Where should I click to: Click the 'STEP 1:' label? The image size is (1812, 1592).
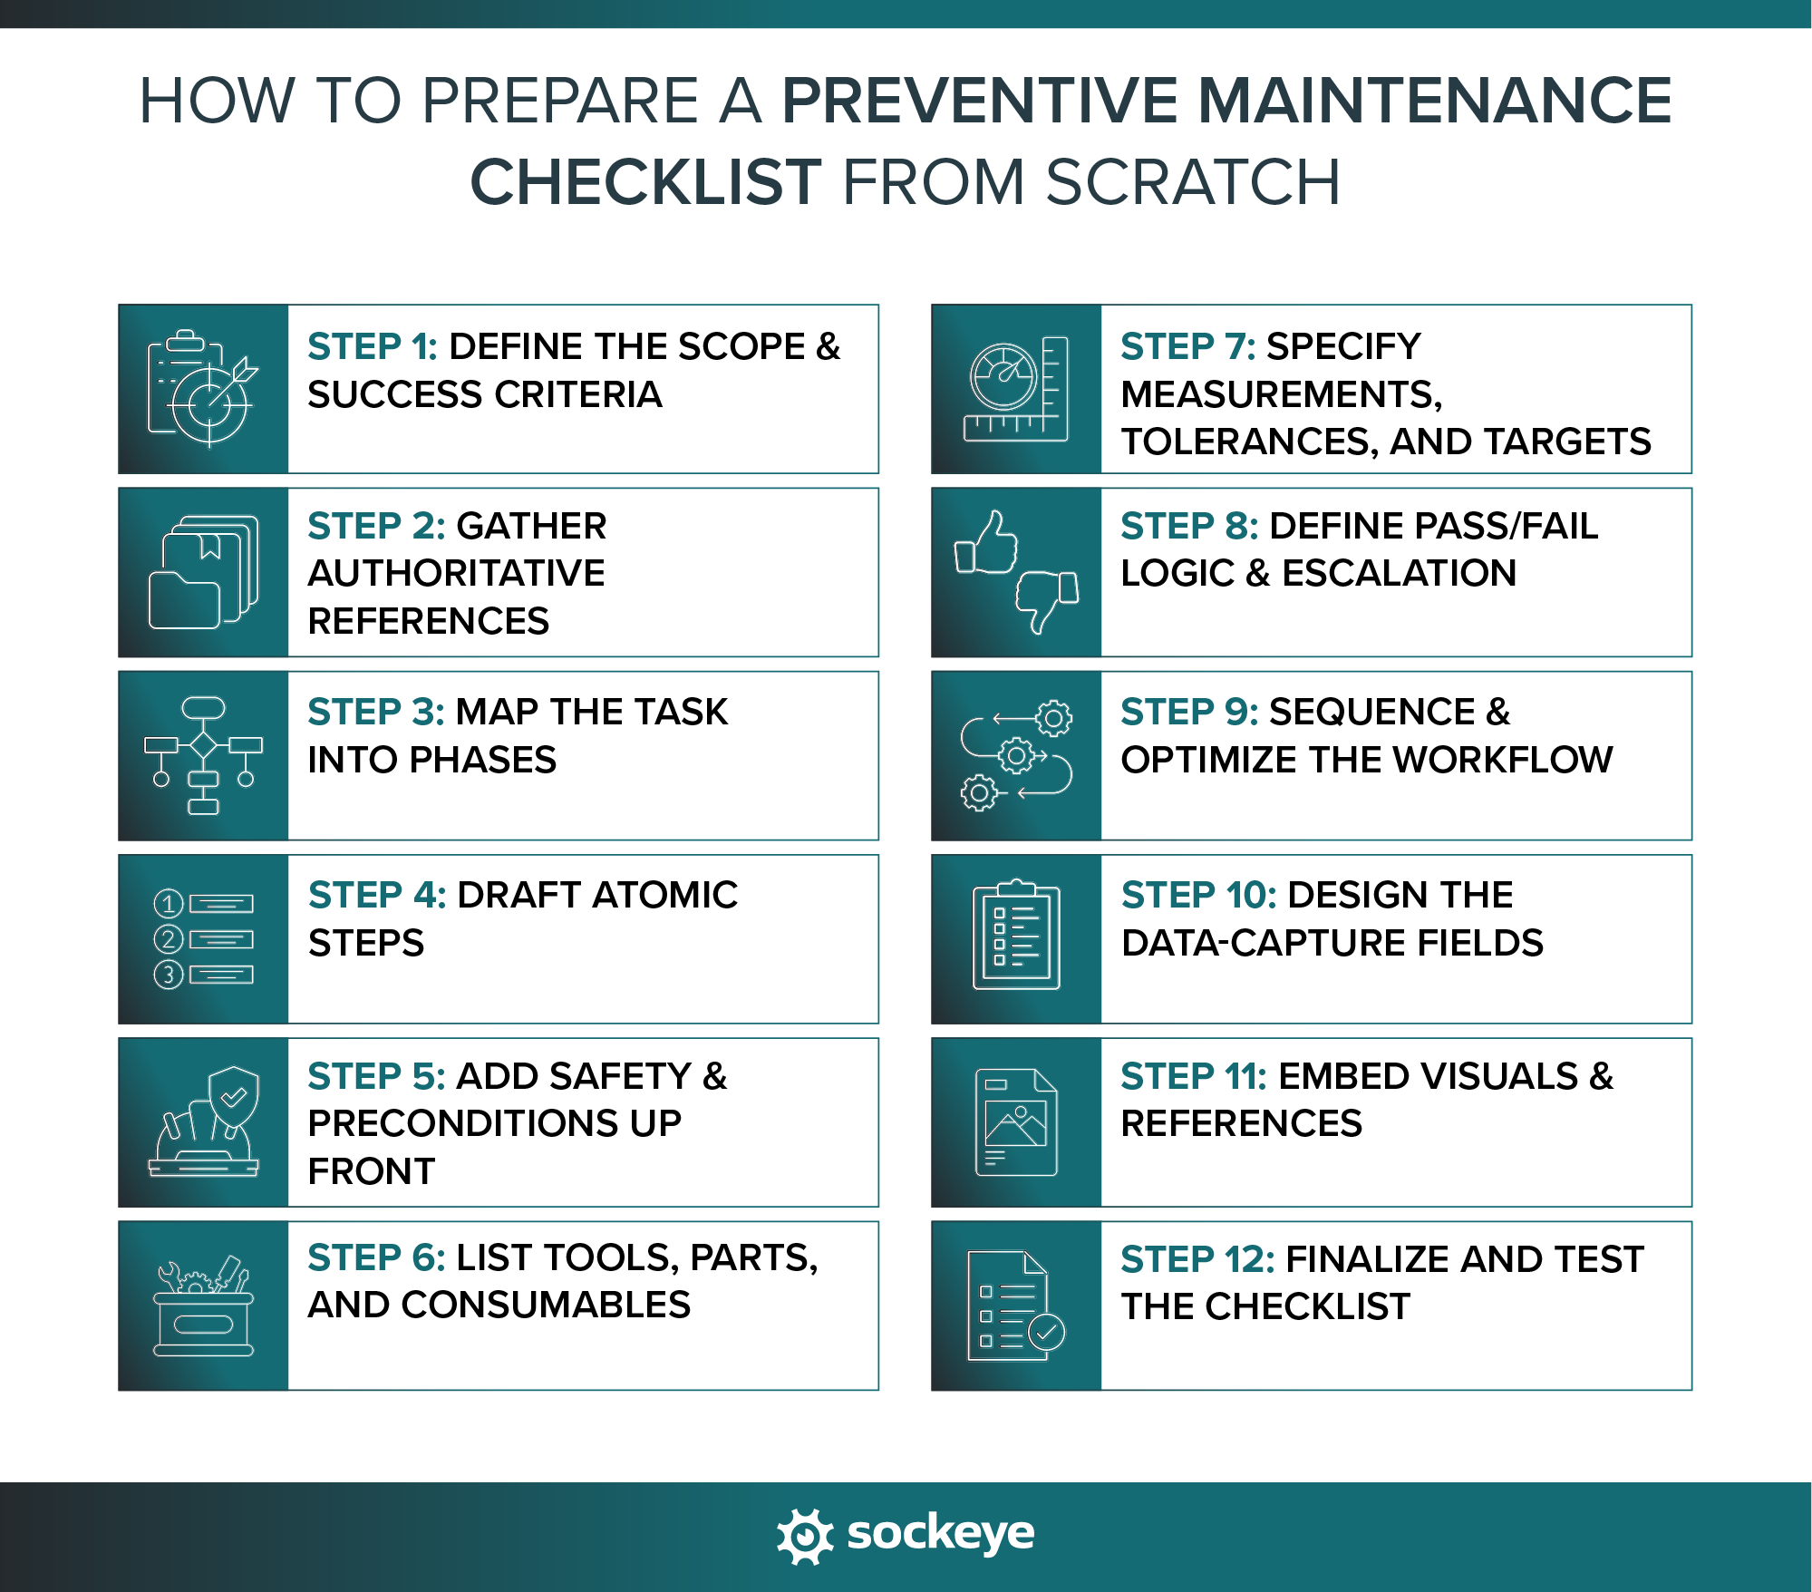click(x=373, y=347)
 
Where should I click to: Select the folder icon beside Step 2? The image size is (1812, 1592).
click(x=203, y=572)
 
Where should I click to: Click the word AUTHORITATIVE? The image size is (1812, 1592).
click(x=456, y=574)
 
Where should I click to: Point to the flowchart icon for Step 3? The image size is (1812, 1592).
click(x=203, y=755)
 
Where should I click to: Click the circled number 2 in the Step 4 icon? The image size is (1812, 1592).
click(x=169, y=939)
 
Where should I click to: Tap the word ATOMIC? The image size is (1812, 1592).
click(x=664, y=896)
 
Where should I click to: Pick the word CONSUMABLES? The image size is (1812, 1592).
click(x=546, y=1306)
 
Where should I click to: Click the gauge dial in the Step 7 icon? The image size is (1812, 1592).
click(x=1003, y=376)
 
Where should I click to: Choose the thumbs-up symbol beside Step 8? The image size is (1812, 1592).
click(x=986, y=544)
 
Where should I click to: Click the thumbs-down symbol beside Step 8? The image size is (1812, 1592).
click(x=1047, y=599)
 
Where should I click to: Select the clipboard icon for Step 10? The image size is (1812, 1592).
click(x=1016, y=936)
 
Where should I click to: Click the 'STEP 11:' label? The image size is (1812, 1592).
click(x=1194, y=1077)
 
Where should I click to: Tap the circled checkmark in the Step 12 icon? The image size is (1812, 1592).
click(x=1048, y=1333)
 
